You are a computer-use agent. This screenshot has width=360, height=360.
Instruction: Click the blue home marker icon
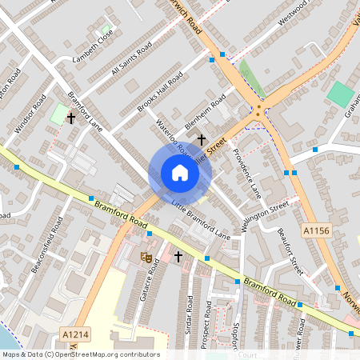point(179,173)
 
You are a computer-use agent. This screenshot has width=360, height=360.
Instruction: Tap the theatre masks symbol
point(146,257)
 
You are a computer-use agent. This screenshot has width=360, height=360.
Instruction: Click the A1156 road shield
point(315,230)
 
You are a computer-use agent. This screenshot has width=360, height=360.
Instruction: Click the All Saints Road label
point(131,60)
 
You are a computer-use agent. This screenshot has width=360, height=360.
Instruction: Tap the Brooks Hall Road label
point(159,91)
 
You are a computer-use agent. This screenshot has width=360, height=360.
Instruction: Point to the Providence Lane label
point(247,172)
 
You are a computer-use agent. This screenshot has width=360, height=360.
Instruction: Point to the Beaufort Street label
point(287,249)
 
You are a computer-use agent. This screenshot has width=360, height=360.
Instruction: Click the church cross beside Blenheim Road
point(202,138)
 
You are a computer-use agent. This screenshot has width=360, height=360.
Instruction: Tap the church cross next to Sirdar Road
point(178,257)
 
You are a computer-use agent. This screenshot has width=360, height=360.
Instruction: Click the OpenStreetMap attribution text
point(80,354)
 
